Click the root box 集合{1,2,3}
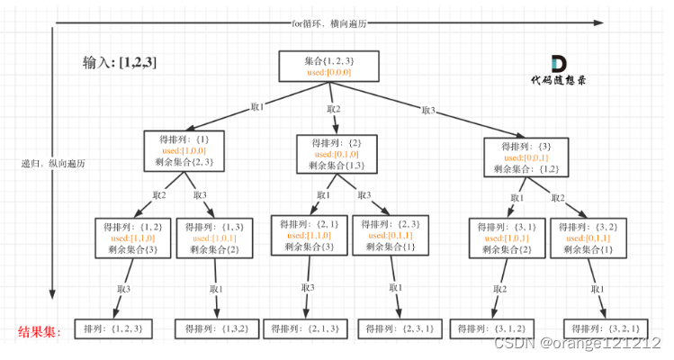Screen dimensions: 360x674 [328, 66]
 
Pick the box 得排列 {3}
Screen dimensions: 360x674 [526, 157]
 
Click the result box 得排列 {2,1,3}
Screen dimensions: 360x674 [306, 329]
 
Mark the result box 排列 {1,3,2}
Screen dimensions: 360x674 [214, 329]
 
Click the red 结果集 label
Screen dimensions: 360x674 [40, 332]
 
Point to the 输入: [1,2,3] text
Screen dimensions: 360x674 [119, 64]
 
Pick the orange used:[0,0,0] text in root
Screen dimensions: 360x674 [328, 72]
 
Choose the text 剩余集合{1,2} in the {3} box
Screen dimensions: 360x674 [526, 169]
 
